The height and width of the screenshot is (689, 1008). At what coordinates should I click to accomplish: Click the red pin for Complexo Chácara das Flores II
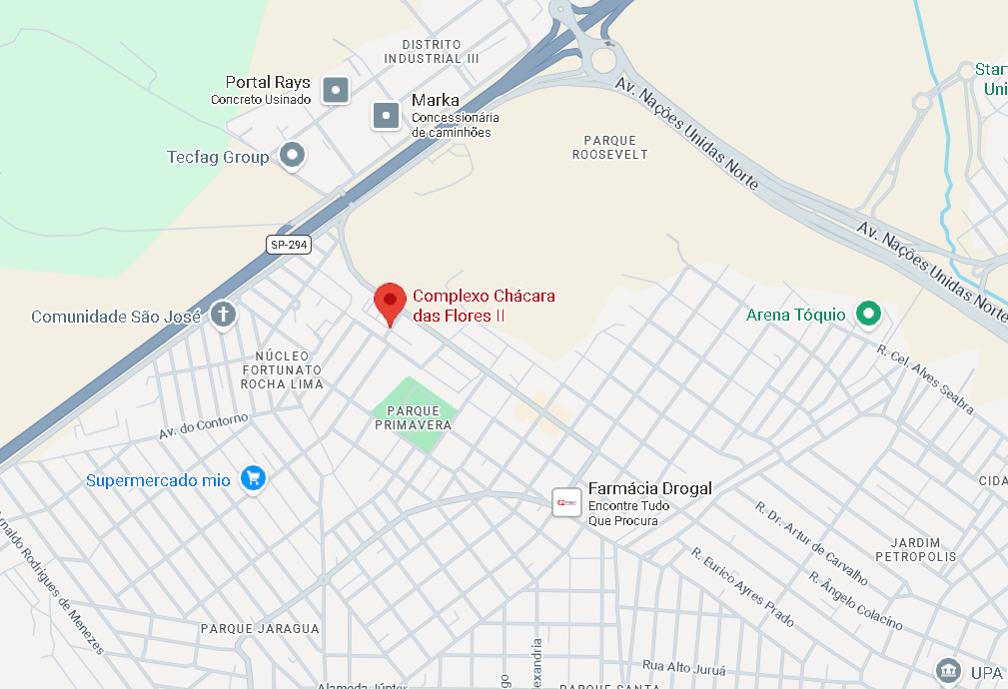(390, 301)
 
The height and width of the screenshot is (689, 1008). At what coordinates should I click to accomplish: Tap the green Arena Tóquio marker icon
(869, 315)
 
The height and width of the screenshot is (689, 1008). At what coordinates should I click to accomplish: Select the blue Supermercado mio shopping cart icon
(254, 479)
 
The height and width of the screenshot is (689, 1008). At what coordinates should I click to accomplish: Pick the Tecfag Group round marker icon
(292, 155)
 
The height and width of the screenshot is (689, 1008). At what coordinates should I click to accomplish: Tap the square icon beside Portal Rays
(337, 90)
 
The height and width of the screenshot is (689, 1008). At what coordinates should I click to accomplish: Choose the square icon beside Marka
(387, 116)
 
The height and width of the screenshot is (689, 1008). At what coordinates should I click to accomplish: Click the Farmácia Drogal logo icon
(566, 502)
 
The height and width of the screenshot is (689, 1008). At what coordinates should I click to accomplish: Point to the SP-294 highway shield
(289, 244)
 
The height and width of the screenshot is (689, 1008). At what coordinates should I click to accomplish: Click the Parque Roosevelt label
(610, 147)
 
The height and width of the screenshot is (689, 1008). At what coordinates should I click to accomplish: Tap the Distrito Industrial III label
(432, 51)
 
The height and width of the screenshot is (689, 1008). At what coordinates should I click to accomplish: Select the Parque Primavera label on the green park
(414, 417)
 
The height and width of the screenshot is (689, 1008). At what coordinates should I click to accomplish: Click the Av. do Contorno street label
(203, 426)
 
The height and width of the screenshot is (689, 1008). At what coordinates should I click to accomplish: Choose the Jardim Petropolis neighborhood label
(916, 549)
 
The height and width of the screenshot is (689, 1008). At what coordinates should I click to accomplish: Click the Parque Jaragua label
(260, 629)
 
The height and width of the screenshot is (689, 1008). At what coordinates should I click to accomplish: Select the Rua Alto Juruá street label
(682, 665)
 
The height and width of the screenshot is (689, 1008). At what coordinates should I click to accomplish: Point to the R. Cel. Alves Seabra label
(925, 378)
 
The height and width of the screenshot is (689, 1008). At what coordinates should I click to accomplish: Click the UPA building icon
(947, 670)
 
